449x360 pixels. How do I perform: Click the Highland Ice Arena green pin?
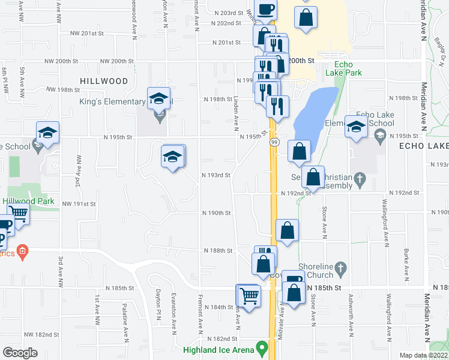click(x=261, y=347)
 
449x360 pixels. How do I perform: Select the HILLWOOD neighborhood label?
click(x=104, y=80)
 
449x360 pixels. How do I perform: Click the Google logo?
click(x=19, y=352)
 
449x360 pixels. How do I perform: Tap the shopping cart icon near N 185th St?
click(x=248, y=295)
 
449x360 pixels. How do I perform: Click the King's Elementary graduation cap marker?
click(x=159, y=98)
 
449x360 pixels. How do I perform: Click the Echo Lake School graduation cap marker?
click(x=357, y=127)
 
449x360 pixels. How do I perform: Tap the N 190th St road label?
click(x=217, y=213)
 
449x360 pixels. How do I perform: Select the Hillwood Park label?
click(x=28, y=202)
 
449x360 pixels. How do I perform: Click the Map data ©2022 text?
click(x=423, y=355)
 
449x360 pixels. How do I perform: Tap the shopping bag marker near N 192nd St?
click(x=313, y=177)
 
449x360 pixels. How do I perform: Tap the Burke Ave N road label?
click(x=406, y=264)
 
